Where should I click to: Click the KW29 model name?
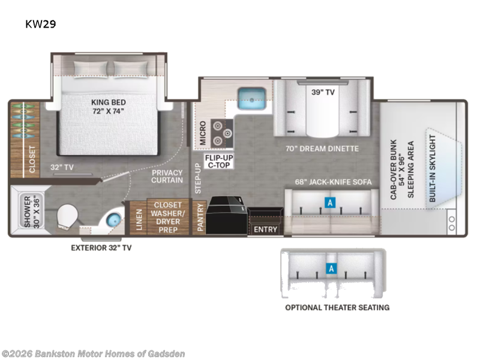pyautogui.click(x=40, y=24)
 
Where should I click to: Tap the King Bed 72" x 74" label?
pyautogui.click(x=109, y=107)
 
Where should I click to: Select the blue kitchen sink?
pyautogui.click(x=251, y=98)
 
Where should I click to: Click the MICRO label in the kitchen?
pyautogui.click(x=203, y=133)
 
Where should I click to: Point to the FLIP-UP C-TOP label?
pyautogui.click(x=219, y=161)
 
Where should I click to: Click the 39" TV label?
pyautogui.click(x=323, y=92)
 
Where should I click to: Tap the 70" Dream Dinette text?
pyautogui.click(x=322, y=149)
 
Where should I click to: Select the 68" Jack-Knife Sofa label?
pyautogui.click(x=333, y=182)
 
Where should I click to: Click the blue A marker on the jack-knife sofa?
pyautogui.click(x=330, y=203)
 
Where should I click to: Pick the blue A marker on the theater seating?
pyautogui.click(x=331, y=268)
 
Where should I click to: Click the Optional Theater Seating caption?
pyautogui.click(x=337, y=308)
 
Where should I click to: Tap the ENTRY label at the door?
pyautogui.click(x=265, y=229)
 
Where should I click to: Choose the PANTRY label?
pyautogui.click(x=200, y=217)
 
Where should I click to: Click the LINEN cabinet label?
pyautogui.click(x=139, y=220)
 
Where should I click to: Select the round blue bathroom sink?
pyautogui.click(x=113, y=220)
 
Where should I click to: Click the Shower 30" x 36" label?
pyautogui.click(x=32, y=212)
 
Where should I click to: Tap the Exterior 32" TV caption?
pyautogui.click(x=101, y=248)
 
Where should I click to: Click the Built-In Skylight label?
pyautogui.click(x=432, y=169)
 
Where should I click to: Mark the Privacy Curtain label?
pyautogui.click(x=167, y=176)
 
